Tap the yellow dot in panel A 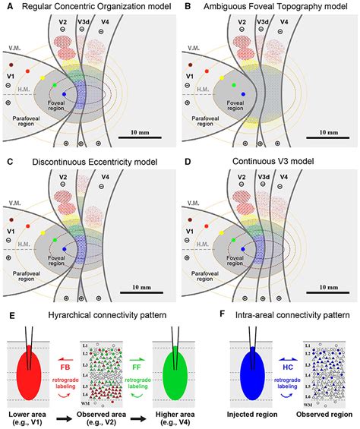click(43, 78)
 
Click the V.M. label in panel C click(15, 203)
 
